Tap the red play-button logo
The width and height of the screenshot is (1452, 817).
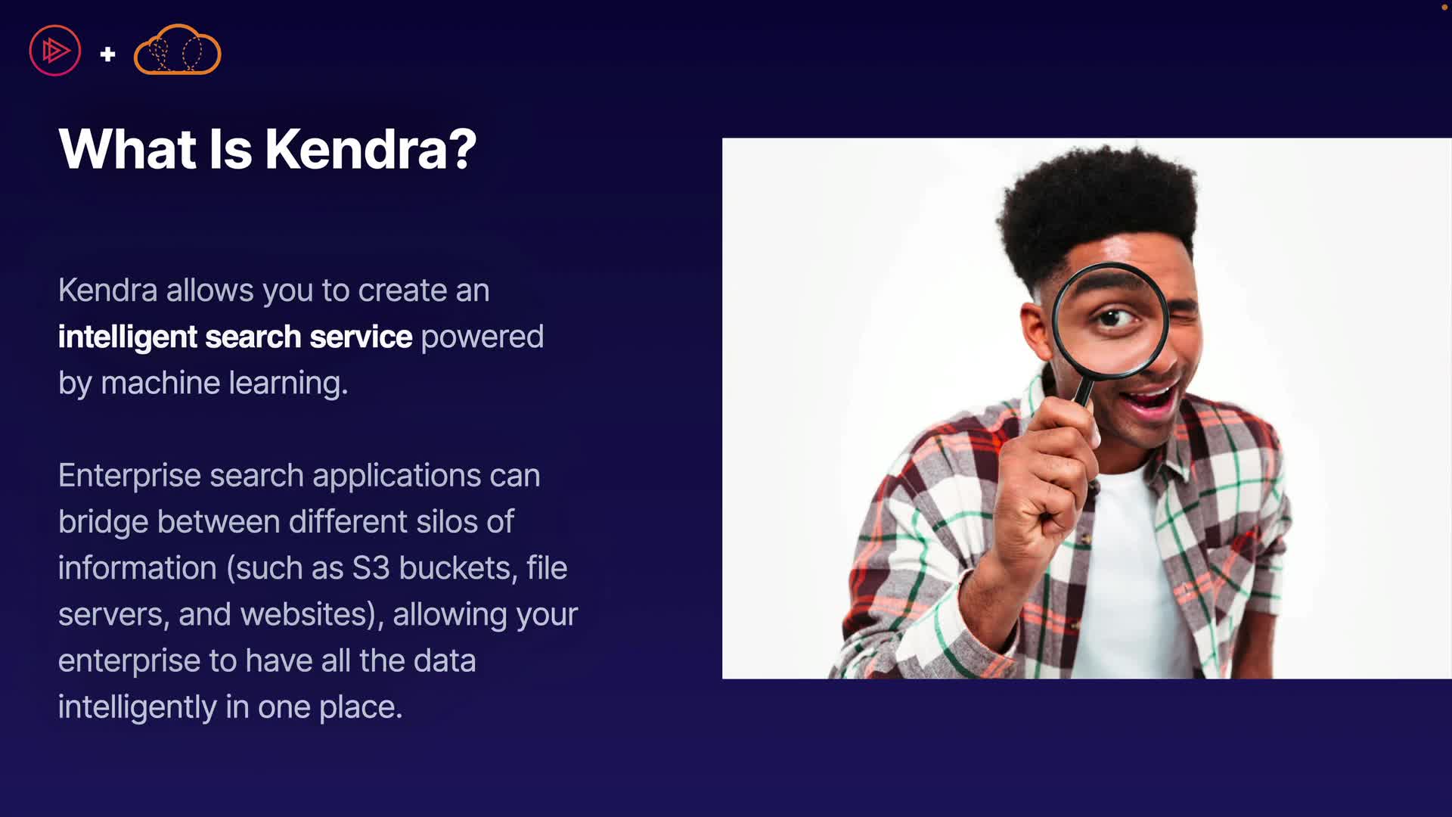pos(55,51)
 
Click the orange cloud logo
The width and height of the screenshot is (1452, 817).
pos(177,50)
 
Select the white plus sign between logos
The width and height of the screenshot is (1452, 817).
pos(107,54)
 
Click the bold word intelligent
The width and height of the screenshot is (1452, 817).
pos(127,337)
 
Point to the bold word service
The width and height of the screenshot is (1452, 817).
pos(361,337)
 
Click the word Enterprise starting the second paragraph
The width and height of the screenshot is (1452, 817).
pos(129,477)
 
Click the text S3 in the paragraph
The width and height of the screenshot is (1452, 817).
pos(371,568)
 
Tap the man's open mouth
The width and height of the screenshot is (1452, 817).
pos(1149,398)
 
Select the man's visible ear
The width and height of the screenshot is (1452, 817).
pos(1034,333)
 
